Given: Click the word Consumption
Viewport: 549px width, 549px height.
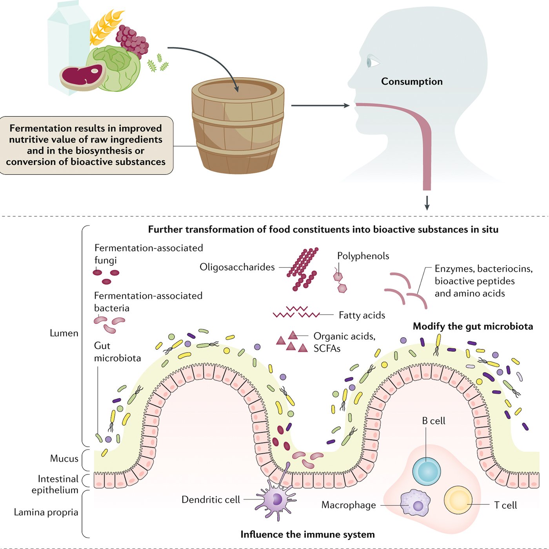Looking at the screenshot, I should click(x=411, y=82).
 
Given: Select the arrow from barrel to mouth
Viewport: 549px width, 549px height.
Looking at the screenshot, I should click(x=320, y=105).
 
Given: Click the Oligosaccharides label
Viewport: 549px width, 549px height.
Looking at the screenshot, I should click(x=237, y=267).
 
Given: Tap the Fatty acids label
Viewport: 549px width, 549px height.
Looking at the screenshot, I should click(x=362, y=315).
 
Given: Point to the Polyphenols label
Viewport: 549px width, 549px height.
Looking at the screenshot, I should click(x=363, y=256).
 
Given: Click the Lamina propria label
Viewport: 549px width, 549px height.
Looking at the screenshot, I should click(x=46, y=512).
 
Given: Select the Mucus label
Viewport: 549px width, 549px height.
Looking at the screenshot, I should click(x=64, y=458).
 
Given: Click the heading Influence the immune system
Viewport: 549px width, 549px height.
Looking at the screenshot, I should click(x=307, y=534).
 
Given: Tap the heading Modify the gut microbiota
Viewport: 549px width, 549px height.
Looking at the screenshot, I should click(x=473, y=326).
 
